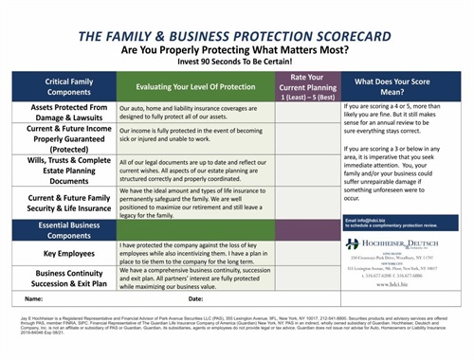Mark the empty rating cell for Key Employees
[301, 254]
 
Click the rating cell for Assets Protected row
[301, 115]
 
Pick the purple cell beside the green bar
[301, 228]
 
